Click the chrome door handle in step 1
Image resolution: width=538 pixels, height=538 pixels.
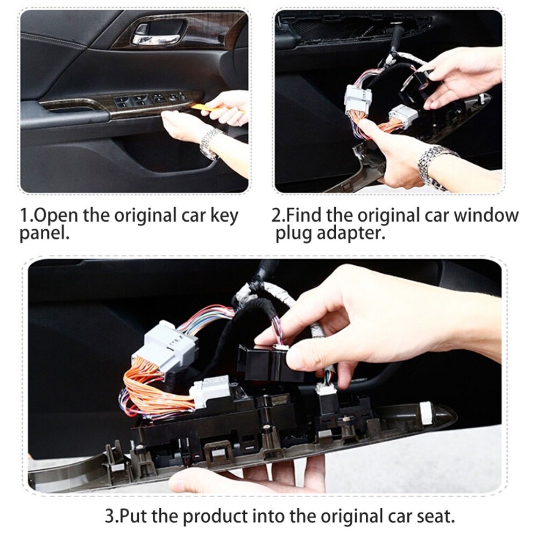coord(157,39)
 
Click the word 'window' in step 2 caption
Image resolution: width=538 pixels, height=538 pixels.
coord(486,216)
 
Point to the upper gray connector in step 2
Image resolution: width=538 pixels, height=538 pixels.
coord(358,100)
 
